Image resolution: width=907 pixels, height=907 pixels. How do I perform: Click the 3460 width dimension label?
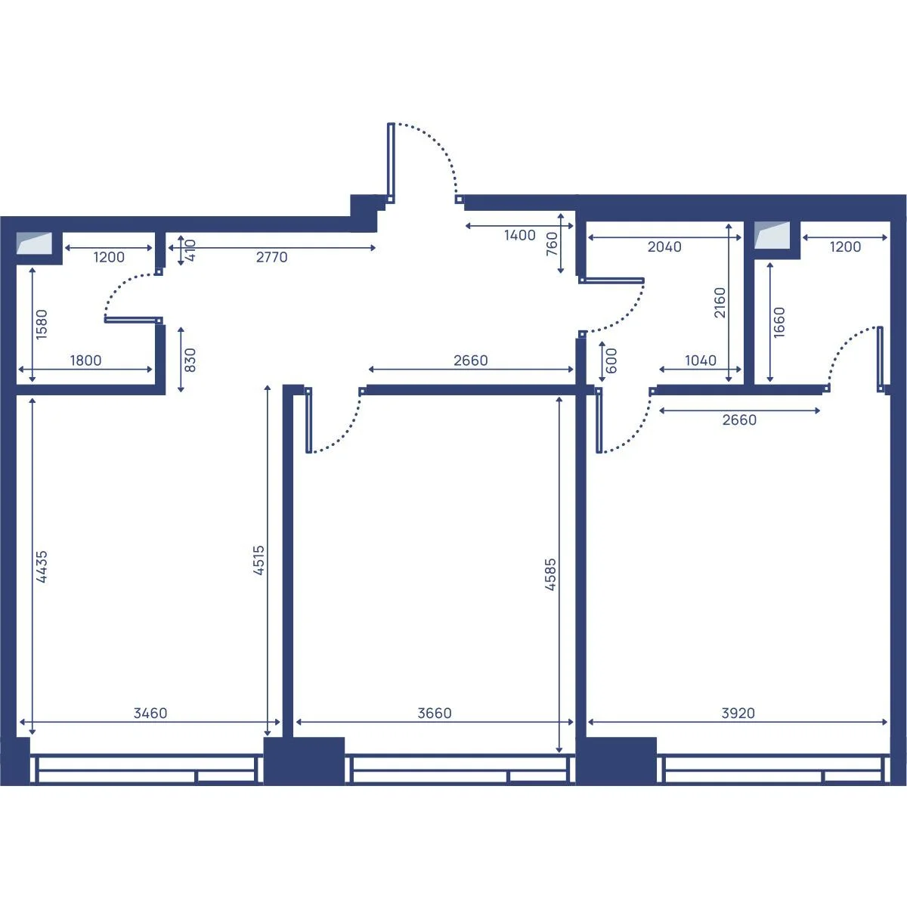[150, 713]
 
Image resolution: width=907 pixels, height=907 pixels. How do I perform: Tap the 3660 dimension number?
[435, 713]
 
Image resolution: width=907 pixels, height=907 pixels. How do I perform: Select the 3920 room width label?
[738, 713]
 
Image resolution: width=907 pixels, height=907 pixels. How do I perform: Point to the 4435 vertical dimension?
[42, 567]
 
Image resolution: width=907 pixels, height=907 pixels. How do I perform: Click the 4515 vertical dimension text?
[259, 560]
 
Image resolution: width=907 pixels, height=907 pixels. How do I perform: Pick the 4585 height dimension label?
[550, 574]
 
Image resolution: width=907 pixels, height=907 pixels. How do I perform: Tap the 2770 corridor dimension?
[271, 257]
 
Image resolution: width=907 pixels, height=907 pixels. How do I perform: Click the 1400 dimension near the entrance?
[519, 235]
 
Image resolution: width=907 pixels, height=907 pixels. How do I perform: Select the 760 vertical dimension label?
[552, 244]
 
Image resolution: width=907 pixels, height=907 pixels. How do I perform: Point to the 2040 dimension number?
[664, 246]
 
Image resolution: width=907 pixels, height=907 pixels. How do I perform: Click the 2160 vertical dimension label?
[720, 302]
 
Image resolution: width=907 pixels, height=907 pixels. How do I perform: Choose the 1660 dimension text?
[779, 322]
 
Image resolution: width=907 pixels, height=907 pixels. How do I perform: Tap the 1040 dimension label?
[701, 361]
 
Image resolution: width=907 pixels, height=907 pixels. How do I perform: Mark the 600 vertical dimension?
[611, 361]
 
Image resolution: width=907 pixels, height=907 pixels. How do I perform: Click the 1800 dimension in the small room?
[85, 361]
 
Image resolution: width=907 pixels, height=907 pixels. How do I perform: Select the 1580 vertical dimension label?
[42, 324]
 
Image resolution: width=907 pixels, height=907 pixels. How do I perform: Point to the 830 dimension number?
[190, 360]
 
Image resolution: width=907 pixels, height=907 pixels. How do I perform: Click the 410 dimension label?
[190, 250]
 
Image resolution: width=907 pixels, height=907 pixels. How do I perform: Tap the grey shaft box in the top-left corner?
[34, 243]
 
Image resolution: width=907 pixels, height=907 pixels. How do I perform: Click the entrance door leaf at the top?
[391, 160]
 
